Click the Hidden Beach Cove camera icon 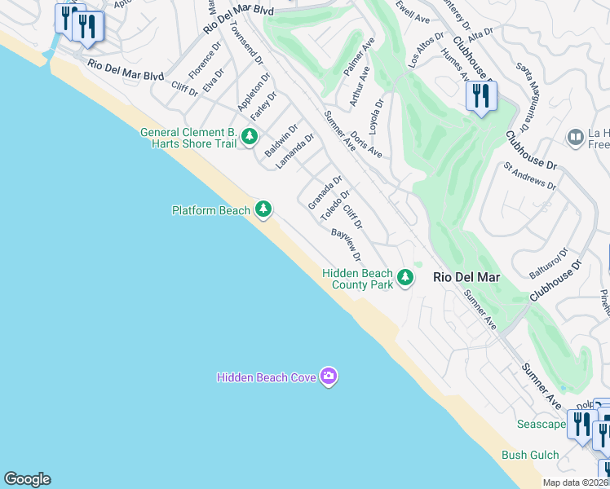328,376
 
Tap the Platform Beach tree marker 263,210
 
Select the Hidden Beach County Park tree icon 404,279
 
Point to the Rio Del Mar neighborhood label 466,277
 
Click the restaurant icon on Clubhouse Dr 481,97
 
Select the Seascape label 541,425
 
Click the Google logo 27,479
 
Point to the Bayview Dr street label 346,244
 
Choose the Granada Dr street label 325,192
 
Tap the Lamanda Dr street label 294,152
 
